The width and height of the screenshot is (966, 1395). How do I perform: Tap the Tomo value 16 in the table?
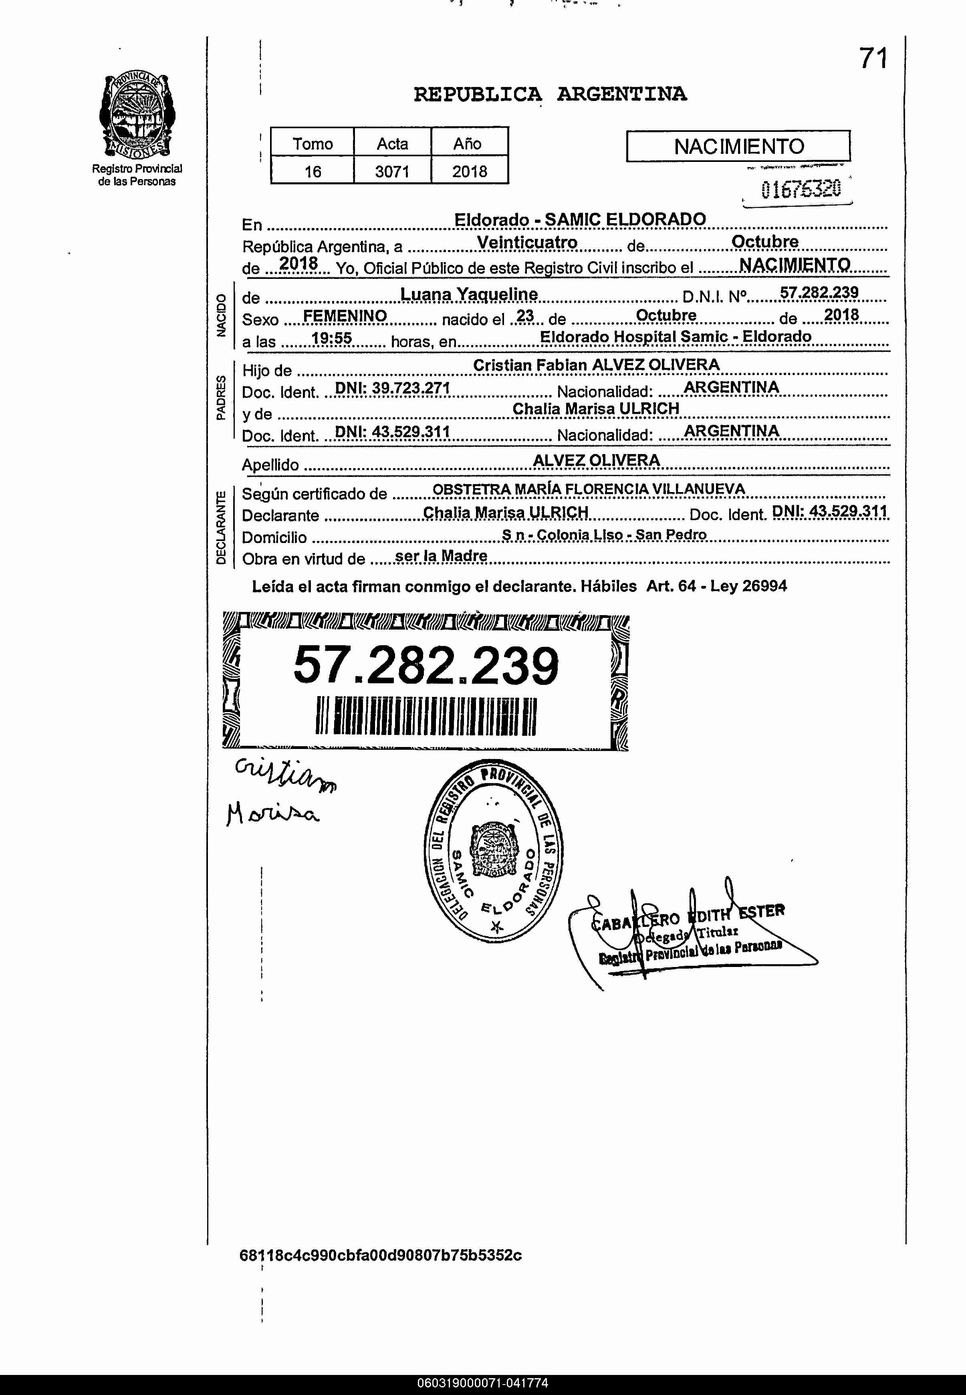(312, 172)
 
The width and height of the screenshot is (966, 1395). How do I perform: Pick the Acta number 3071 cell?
(392, 172)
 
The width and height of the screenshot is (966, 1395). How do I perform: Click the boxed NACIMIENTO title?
(738, 146)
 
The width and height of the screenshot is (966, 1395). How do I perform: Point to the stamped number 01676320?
(801, 190)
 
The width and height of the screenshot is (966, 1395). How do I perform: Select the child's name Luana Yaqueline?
(469, 295)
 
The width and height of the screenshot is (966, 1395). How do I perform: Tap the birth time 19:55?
(332, 338)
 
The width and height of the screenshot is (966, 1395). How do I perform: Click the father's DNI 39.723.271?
(392, 388)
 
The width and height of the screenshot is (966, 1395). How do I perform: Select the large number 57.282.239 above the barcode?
(426, 666)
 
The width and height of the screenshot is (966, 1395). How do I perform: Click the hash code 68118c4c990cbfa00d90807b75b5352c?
(380, 1255)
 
